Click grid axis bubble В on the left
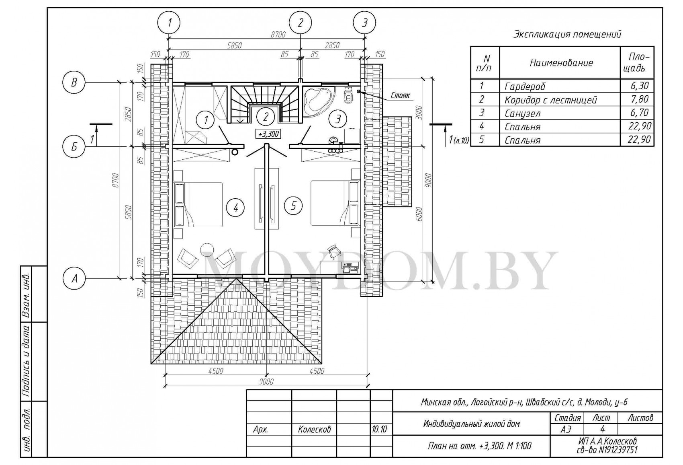click(x=74, y=82)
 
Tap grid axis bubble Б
click(x=74, y=147)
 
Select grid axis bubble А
click(x=74, y=278)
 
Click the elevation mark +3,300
click(x=268, y=134)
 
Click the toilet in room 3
click(x=348, y=95)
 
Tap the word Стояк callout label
click(x=400, y=96)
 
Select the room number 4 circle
click(x=235, y=208)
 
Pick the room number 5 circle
click(x=293, y=206)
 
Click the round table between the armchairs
click(x=207, y=249)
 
